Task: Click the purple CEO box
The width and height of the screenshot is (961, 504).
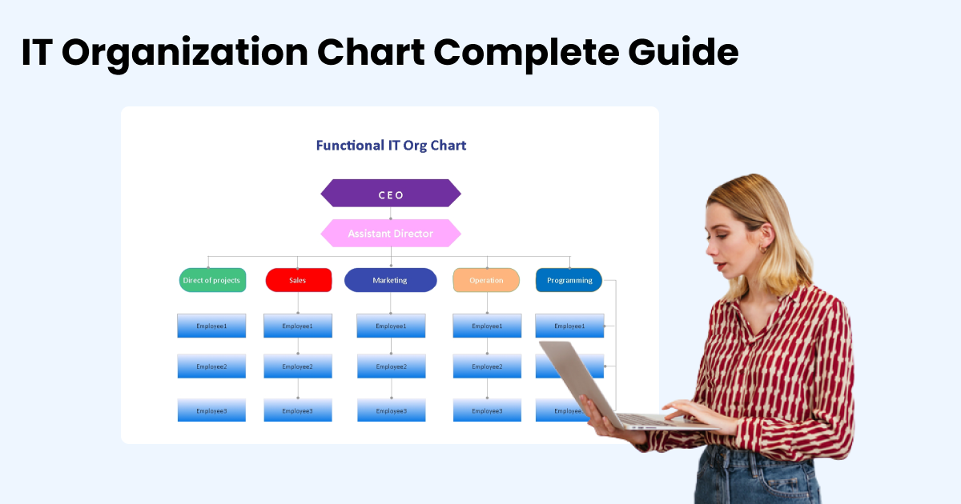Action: (x=391, y=194)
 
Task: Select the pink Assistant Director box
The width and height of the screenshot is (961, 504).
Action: (x=391, y=234)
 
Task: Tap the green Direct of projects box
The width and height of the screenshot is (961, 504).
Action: (x=212, y=281)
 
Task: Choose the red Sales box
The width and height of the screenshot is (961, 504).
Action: (x=298, y=281)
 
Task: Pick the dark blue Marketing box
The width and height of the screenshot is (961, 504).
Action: (x=390, y=281)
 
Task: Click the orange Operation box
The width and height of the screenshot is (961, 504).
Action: (x=486, y=281)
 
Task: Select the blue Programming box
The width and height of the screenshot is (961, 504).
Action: (x=569, y=281)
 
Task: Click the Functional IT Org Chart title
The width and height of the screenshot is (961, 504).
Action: (x=391, y=146)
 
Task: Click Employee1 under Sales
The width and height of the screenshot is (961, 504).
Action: (x=298, y=326)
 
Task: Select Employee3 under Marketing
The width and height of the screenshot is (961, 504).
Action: (x=391, y=410)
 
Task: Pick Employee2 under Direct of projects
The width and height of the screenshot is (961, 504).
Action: (x=211, y=366)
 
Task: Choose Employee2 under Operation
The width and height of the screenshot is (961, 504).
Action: (x=487, y=366)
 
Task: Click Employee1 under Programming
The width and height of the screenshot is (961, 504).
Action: (x=569, y=326)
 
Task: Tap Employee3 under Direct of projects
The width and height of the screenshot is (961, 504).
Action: (x=211, y=410)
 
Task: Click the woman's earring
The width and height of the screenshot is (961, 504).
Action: (x=763, y=250)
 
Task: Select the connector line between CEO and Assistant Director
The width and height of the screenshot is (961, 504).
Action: (x=391, y=213)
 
